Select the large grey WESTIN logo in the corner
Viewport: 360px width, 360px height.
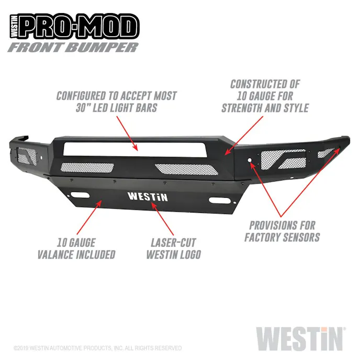click(x=300, y=338)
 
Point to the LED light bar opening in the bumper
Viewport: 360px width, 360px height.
click(x=138, y=149)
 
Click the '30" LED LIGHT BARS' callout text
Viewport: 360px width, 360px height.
click(x=116, y=108)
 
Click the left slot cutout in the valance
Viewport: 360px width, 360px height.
click(x=81, y=196)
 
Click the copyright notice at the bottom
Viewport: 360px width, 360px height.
click(x=97, y=348)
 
